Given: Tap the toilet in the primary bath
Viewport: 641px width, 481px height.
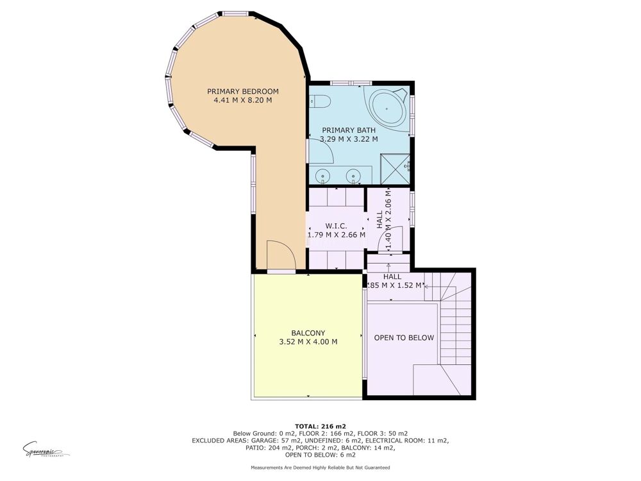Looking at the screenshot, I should click(320, 101).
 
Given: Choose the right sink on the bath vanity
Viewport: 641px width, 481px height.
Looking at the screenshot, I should click(353, 175).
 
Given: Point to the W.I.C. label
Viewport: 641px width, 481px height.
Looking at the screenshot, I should click(336, 226).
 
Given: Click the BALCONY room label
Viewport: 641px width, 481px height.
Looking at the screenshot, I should click(308, 333).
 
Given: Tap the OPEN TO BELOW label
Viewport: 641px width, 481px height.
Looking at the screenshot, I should click(404, 338).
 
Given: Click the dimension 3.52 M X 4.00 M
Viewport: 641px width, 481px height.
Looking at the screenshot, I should click(308, 342).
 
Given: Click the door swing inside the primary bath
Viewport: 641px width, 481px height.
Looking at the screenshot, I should click(321, 153).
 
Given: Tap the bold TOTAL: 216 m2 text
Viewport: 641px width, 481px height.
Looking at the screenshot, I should click(320, 426).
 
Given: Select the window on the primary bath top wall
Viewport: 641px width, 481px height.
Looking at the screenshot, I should click(351, 83).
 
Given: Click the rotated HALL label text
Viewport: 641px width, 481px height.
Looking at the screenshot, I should click(379, 220).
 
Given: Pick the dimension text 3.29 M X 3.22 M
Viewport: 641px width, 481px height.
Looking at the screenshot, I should click(349, 139).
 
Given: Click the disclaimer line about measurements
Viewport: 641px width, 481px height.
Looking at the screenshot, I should click(320, 468).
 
